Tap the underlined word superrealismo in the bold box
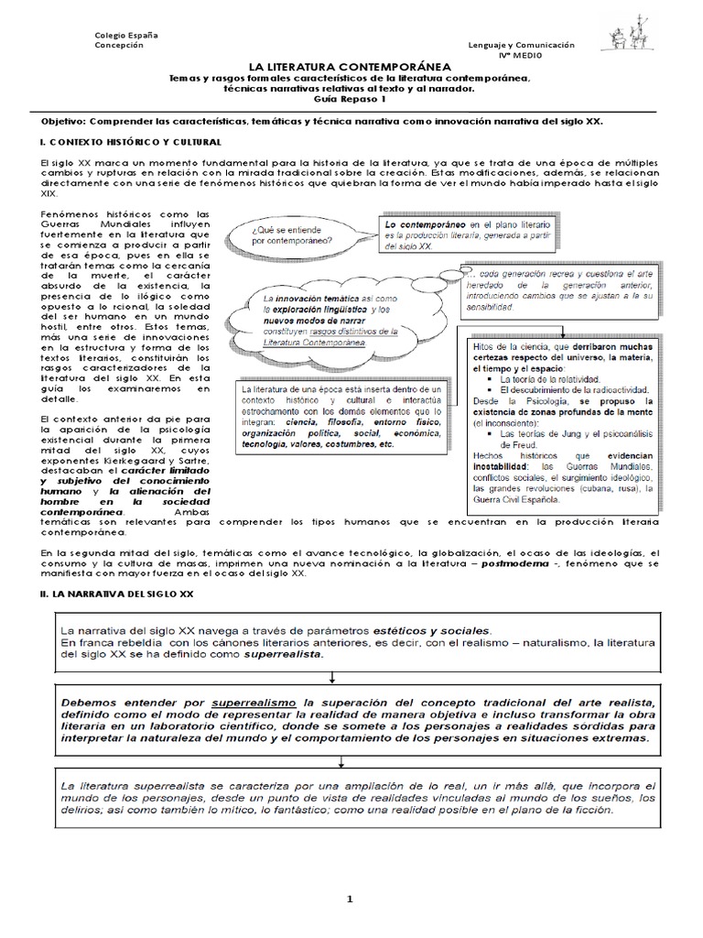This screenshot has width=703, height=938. [x=248, y=700]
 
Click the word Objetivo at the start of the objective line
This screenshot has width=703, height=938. [x=68, y=121]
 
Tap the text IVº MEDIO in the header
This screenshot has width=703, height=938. [x=521, y=56]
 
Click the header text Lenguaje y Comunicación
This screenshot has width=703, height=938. [x=521, y=44]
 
